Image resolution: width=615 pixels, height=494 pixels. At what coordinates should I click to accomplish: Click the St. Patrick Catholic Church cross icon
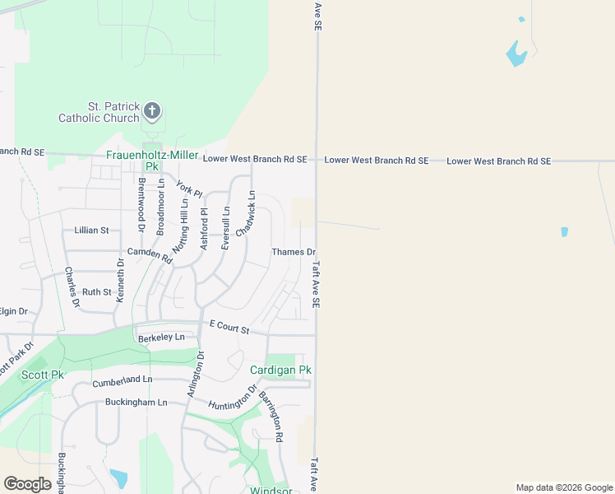pos(151,110)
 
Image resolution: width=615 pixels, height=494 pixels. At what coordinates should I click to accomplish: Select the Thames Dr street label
pos(294,252)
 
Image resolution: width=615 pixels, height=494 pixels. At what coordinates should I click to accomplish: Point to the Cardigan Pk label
pos(280,370)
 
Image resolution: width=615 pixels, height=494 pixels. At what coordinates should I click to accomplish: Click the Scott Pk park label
pos(42,375)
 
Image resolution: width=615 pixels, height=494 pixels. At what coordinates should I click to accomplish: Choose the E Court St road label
pos(229,327)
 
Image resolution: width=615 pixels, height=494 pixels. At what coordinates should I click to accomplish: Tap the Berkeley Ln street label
pos(161,338)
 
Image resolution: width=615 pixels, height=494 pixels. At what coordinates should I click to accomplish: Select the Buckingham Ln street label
pos(136,403)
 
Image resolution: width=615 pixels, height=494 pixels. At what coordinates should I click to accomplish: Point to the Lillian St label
pos(91,231)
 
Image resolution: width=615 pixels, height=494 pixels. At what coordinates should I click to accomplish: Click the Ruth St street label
pos(96,291)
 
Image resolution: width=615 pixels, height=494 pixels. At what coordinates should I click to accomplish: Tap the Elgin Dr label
pos(12,310)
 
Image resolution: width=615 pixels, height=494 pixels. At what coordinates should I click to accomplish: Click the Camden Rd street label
pos(149,254)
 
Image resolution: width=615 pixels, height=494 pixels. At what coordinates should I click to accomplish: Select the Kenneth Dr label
pos(121,281)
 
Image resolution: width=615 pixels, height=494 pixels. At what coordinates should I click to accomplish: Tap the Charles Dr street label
pos(72,287)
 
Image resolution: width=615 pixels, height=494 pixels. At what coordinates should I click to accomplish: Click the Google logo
pos(27,483)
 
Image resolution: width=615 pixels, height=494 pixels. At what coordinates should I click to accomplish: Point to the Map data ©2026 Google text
pos(563,487)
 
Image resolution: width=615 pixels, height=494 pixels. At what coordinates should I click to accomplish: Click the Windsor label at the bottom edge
pos(271,491)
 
